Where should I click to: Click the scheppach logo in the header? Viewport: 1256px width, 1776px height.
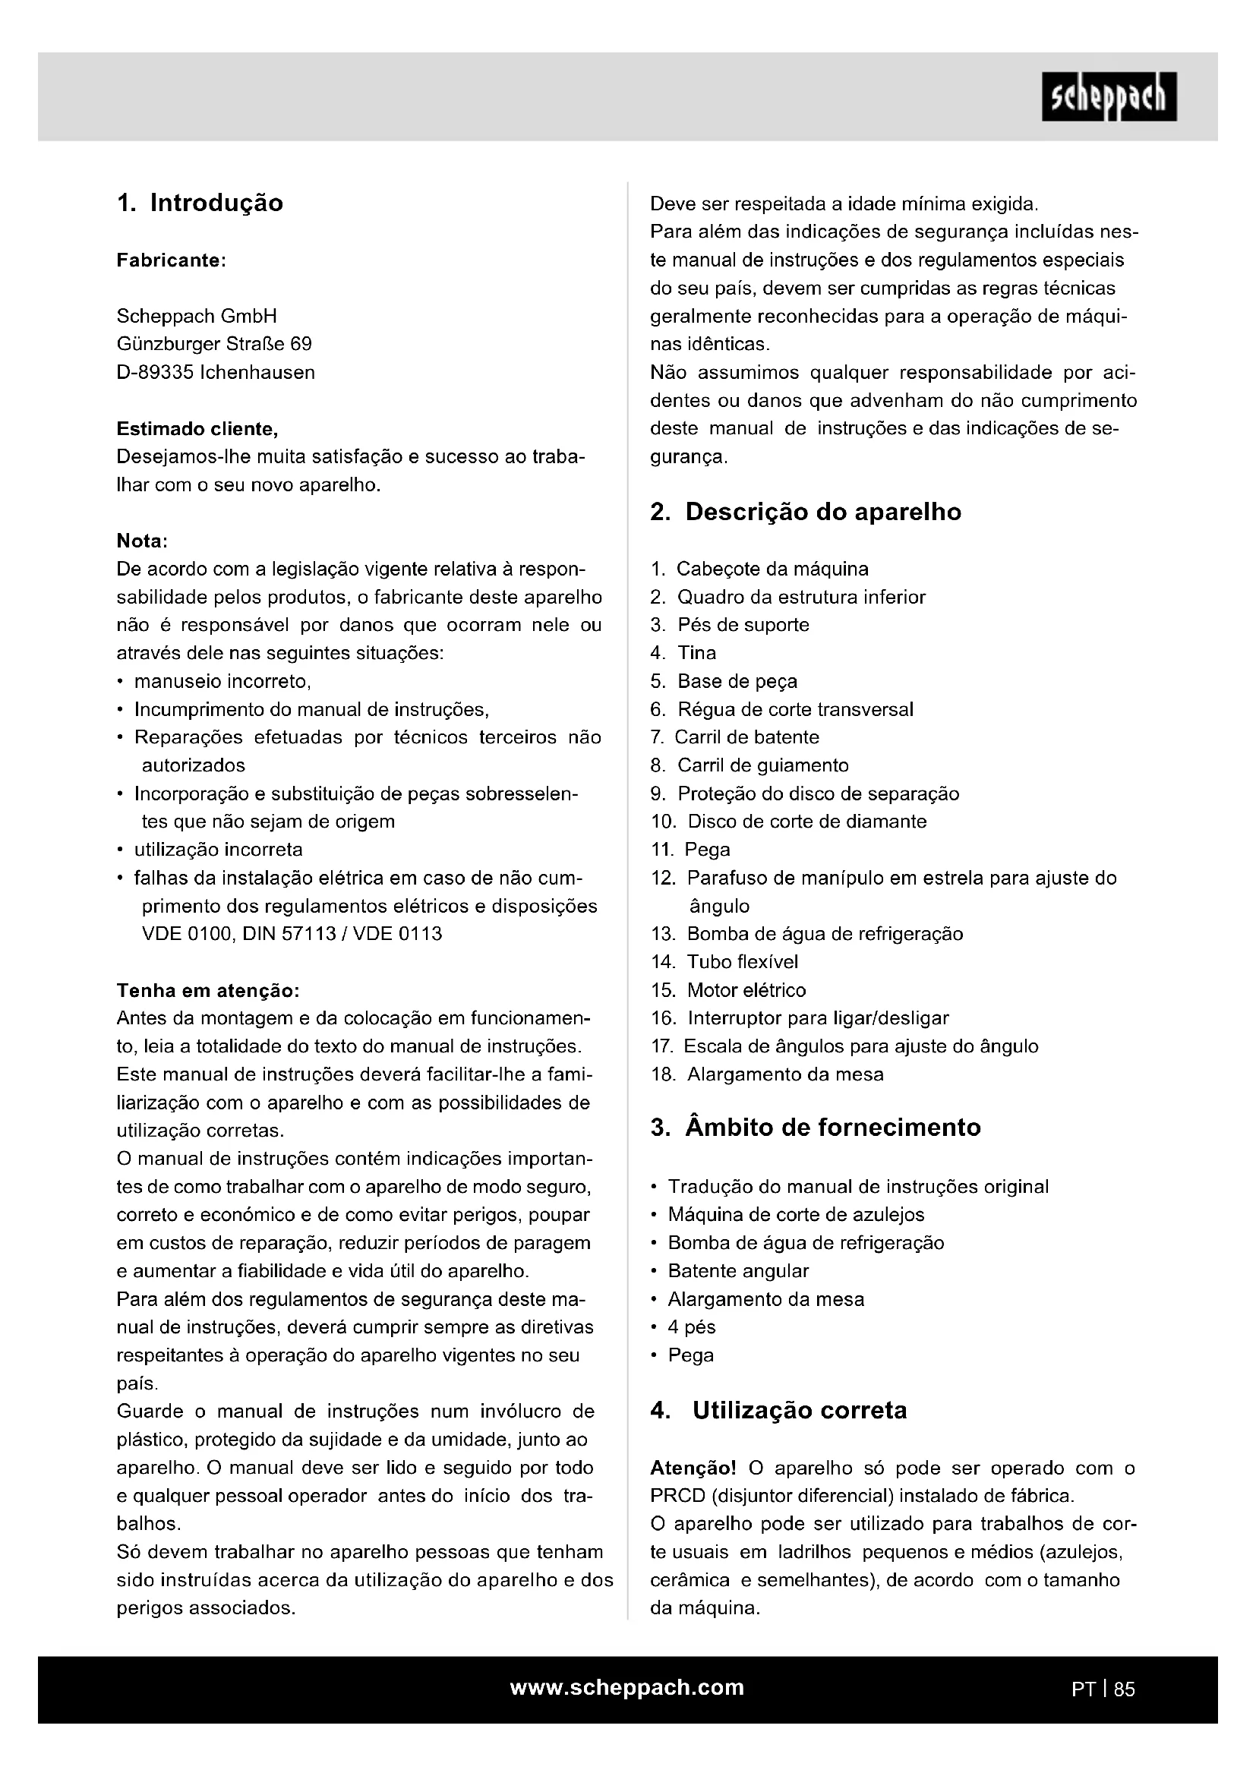point(1109,96)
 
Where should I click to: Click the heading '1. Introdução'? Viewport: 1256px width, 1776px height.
point(200,203)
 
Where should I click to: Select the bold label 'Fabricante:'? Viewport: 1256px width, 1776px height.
point(171,260)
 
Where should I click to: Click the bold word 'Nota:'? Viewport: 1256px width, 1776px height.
point(142,541)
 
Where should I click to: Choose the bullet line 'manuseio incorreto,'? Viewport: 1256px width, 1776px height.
point(222,681)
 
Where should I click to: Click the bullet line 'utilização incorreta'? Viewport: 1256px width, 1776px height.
point(218,850)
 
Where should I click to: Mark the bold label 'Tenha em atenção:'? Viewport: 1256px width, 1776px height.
point(207,991)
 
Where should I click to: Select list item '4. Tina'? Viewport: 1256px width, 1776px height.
point(683,653)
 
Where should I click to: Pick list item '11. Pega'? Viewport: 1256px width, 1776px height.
point(690,850)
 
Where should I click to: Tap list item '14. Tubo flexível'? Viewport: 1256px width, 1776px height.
point(724,962)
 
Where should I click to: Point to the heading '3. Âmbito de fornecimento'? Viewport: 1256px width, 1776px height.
point(815,1128)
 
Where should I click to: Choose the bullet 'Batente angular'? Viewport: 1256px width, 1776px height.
point(738,1271)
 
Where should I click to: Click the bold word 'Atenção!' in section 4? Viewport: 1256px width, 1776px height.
point(693,1468)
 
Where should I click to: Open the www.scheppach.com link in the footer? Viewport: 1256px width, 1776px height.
point(627,1687)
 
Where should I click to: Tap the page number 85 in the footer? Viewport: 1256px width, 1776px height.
point(1125,1689)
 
